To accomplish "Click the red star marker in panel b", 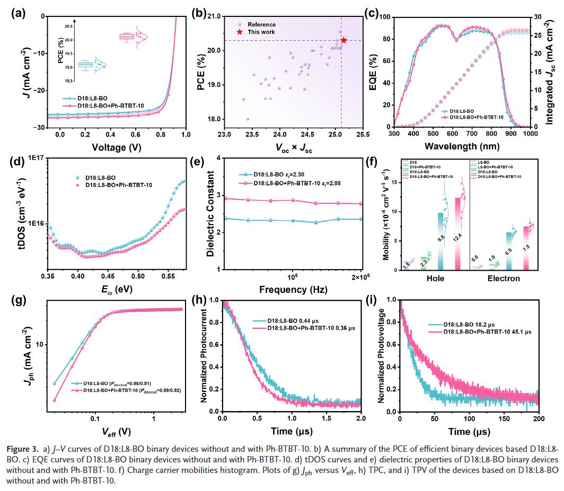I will pos(343,40).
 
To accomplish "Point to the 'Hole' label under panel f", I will pos(435,278).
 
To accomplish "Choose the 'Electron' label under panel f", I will pos(504,278).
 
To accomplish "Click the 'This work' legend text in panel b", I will pos(261,32).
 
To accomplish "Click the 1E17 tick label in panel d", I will pos(33,158).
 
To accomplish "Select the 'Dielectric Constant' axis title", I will pos(210,213).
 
